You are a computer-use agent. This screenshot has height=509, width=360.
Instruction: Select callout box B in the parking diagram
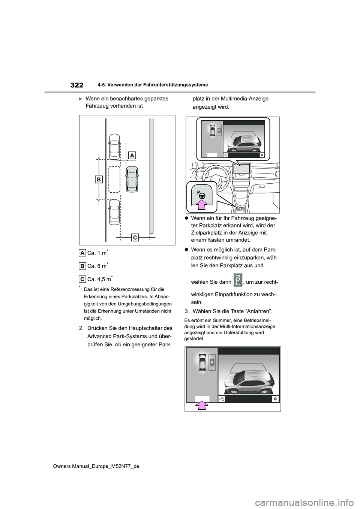pos(99,180)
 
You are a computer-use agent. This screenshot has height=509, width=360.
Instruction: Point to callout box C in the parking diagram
pos(135,237)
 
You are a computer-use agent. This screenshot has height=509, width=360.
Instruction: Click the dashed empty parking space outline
pos(114,179)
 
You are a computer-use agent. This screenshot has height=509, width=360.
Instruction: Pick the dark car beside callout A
pos(132,179)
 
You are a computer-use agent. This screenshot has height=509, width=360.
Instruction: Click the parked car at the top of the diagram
pos(114,147)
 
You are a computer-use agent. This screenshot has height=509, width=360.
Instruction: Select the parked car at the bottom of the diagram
pos(114,212)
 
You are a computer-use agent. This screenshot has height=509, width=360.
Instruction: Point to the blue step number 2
pos(81,328)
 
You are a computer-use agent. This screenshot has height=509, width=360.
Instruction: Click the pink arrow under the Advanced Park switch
pos(202,205)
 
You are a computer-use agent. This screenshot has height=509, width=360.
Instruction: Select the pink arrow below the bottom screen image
pos(202,406)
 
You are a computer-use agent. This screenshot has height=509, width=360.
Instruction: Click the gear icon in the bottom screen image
pos(275,399)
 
